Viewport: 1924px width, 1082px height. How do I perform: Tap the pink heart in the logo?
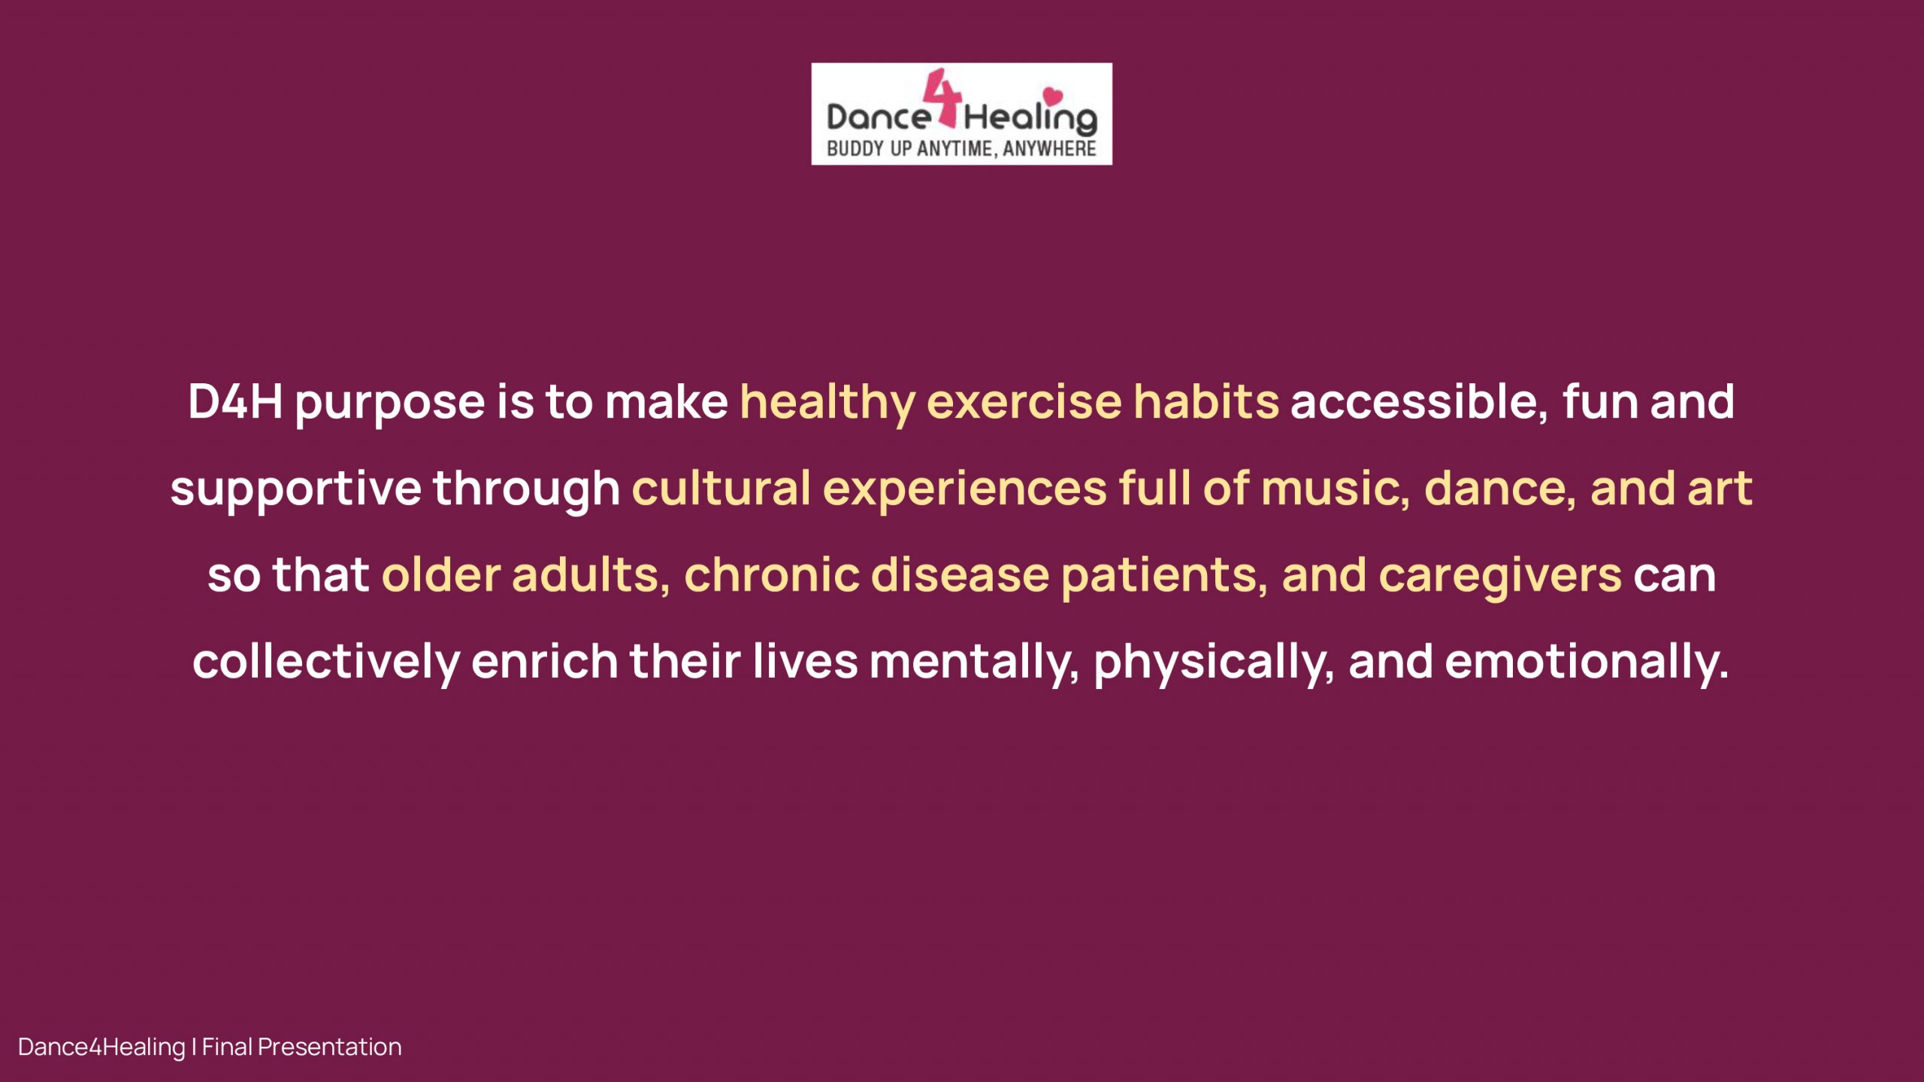tap(1053, 95)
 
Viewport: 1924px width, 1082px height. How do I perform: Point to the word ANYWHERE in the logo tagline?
tap(1049, 149)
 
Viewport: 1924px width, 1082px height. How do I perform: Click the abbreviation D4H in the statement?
tap(235, 401)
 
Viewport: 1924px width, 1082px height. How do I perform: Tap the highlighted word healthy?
tap(827, 403)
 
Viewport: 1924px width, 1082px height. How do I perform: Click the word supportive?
tap(295, 491)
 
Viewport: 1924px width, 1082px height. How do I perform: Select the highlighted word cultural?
tap(721, 488)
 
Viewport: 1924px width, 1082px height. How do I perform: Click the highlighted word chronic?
tap(772, 575)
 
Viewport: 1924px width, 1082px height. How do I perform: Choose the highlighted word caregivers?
tap(1500, 577)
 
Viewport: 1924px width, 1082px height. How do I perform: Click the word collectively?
tap(326, 663)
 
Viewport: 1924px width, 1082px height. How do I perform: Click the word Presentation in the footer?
tap(329, 1047)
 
